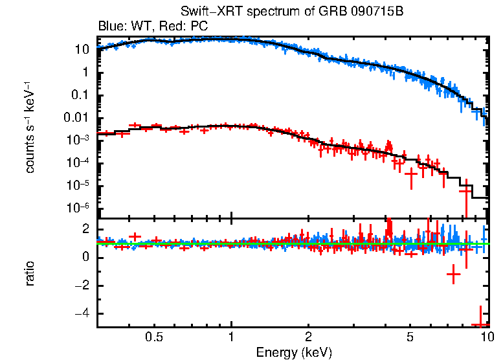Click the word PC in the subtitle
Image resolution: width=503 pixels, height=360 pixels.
[x=197, y=27]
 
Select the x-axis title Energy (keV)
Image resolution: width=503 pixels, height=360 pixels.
[x=294, y=352]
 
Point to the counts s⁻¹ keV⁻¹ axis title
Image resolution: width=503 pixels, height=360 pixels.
[x=30, y=128]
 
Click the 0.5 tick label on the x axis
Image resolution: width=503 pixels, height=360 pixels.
[x=154, y=337]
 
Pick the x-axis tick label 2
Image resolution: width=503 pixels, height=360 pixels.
[x=308, y=337]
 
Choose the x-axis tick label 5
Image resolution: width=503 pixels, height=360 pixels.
[x=410, y=337]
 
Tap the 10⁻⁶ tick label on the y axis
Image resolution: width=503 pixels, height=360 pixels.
[x=80, y=208]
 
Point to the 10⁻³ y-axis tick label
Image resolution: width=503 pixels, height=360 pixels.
[x=80, y=140]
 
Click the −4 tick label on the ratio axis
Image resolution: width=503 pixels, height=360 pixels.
[x=82, y=314]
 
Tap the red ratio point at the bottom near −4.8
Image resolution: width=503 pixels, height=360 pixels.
[x=480, y=324]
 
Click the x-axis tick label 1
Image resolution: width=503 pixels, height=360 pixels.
[x=231, y=337]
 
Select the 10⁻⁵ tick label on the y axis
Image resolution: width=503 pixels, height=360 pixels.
[x=80, y=185]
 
